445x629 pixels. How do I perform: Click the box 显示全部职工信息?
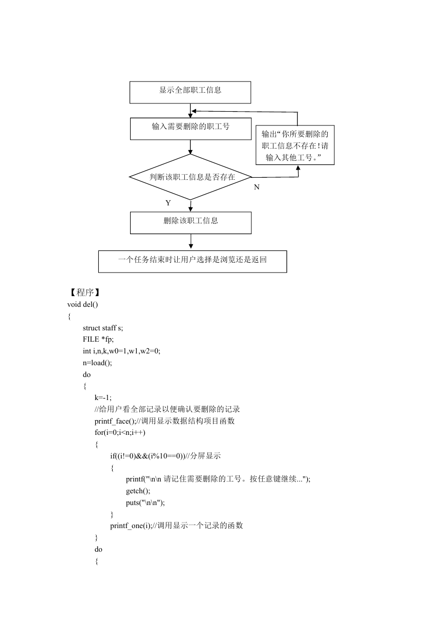[x=190, y=92]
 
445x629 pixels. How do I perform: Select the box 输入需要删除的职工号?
[x=190, y=129]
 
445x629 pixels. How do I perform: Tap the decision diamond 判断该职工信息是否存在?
[x=190, y=177]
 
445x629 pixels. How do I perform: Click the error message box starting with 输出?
[x=295, y=145]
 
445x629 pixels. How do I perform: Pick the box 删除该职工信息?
[x=190, y=223]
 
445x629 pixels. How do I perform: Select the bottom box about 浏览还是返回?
[x=193, y=261]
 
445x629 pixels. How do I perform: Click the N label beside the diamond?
[x=257, y=187]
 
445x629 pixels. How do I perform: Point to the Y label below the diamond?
[x=168, y=203]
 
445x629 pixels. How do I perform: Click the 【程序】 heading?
[x=84, y=292]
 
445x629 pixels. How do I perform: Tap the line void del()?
[x=82, y=304]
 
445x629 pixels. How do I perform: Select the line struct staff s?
[x=103, y=328]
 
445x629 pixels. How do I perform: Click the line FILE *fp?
[x=98, y=340]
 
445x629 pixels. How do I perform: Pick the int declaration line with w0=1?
[x=121, y=351]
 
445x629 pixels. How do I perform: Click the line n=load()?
[x=97, y=363]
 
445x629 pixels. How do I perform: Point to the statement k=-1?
[x=103, y=397]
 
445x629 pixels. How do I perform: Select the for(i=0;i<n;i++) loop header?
[x=120, y=432]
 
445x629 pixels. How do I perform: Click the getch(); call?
[x=138, y=491]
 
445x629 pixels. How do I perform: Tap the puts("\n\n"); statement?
[x=145, y=502]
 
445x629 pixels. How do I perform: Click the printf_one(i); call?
[x=131, y=526]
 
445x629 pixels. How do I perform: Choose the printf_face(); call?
[x=115, y=421]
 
